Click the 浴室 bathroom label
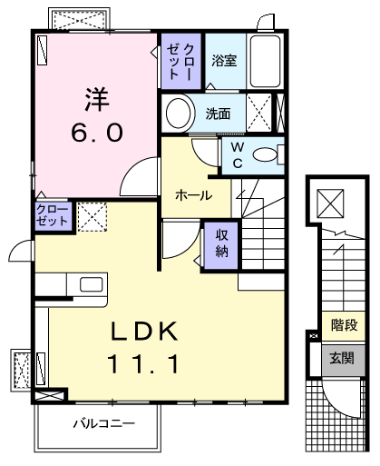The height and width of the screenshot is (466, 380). [x=224, y=61]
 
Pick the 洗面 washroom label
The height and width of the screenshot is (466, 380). [x=218, y=114]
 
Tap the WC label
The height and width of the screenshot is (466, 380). [x=237, y=155]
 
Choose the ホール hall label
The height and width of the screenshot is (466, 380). [x=193, y=195]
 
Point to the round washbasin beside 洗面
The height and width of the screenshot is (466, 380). [x=179, y=114]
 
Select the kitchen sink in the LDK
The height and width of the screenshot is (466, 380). [x=92, y=284]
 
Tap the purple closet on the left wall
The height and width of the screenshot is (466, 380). [x=52, y=215]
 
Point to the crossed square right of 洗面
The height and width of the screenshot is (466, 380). [x=260, y=114]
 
